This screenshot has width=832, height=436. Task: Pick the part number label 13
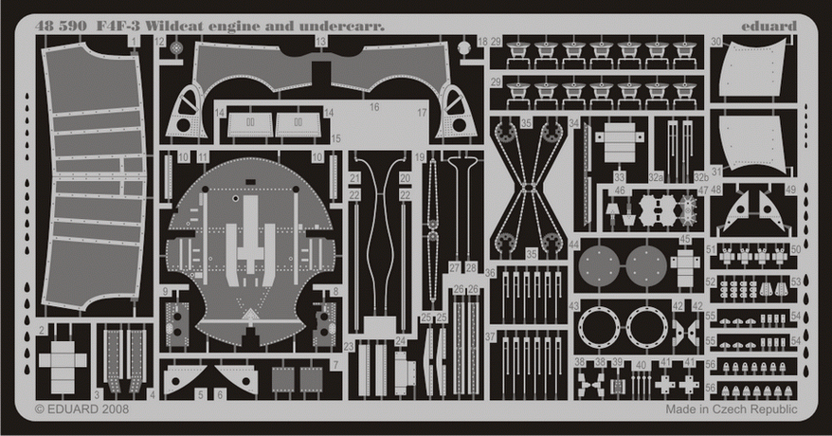322,43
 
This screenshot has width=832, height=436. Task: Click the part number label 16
374,107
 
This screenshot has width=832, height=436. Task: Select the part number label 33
618,176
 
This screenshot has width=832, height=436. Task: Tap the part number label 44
574,245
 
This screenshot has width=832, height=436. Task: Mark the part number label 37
490,337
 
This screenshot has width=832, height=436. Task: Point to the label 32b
702,176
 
